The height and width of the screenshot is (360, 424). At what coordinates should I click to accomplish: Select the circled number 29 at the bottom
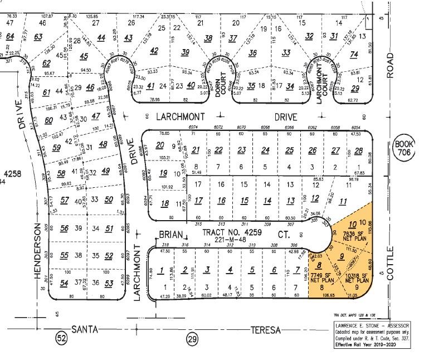click(192, 338)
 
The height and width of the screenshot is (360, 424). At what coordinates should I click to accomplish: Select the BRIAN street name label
click(170, 235)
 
